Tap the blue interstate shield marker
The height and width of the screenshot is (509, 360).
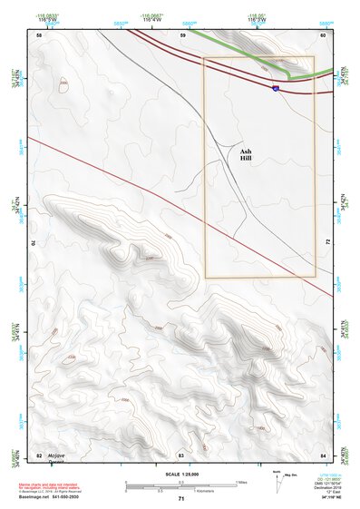click(x=275, y=88)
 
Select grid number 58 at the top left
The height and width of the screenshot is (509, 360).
click(x=39, y=34)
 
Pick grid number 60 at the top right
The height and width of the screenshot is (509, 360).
click(x=323, y=34)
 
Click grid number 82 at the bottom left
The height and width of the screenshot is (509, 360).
click(x=39, y=453)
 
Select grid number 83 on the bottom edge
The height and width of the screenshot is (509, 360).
click(x=180, y=453)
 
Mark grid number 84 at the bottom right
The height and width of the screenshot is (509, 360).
click(x=323, y=453)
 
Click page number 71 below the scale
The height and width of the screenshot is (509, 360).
click(x=181, y=499)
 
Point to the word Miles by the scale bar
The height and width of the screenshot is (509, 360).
click(x=243, y=481)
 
